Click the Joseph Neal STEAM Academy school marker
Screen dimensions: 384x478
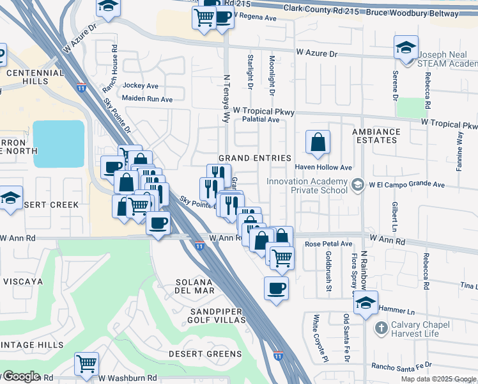pyautogui.click(x=405, y=49)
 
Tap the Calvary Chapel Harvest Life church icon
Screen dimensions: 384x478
pyautogui.click(x=381, y=328)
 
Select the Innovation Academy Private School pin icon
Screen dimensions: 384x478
pyautogui.click(x=358, y=184)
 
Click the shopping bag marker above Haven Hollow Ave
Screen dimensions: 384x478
pyautogui.click(x=318, y=143)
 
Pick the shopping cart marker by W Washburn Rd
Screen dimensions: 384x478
pyautogui.click(x=86, y=364)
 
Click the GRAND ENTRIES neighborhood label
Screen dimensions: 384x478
pyautogui.click(x=254, y=158)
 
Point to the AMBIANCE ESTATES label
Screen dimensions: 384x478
pyautogui.click(x=375, y=137)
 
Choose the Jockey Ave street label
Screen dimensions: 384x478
pyautogui.click(x=141, y=85)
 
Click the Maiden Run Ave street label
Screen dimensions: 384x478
pyautogui.click(x=148, y=99)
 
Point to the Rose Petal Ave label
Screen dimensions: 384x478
pyautogui.click(x=328, y=244)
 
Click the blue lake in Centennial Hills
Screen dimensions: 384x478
pyautogui.click(x=58, y=143)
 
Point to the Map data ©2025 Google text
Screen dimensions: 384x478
pyautogui.click(x=438, y=379)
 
